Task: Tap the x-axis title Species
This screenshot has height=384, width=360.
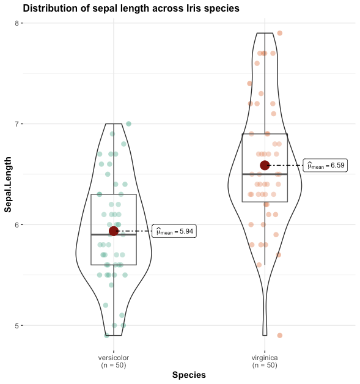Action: pyautogui.click(x=189, y=375)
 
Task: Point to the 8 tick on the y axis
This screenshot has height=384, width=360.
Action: pyautogui.click(x=18, y=23)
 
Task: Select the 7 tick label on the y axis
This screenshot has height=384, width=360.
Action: pyautogui.click(x=18, y=124)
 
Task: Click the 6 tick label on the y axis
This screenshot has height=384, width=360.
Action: pyautogui.click(x=18, y=224)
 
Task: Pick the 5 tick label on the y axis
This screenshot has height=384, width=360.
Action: pyautogui.click(x=18, y=325)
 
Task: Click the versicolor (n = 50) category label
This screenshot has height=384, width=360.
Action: pyautogui.click(x=113, y=361)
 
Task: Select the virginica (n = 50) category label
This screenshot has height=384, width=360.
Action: pyautogui.click(x=265, y=361)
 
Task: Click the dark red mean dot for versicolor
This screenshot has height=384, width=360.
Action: pyautogui.click(x=114, y=231)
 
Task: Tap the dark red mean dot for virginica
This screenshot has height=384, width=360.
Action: pyautogui.click(x=265, y=165)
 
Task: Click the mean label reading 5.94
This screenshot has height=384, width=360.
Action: pyautogui.click(x=174, y=231)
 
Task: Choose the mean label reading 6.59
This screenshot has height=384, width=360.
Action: pyautogui.click(x=325, y=165)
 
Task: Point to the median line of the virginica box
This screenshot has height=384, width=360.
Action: pyautogui.click(x=254, y=174)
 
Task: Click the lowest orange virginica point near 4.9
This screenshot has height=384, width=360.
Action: pyautogui.click(x=280, y=335)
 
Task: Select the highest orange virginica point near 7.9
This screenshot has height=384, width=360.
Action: pyautogui.click(x=280, y=33)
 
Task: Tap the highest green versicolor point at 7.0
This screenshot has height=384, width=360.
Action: pyautogui.click(x=128, y=124)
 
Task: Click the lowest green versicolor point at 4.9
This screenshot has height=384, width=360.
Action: pyautogui.click(x=106, y=335)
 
